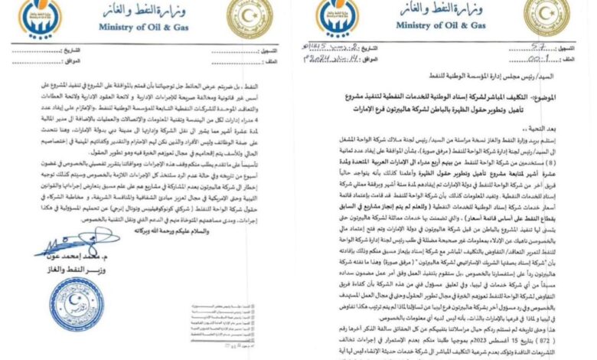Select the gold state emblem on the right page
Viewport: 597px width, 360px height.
click(551, 17)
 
